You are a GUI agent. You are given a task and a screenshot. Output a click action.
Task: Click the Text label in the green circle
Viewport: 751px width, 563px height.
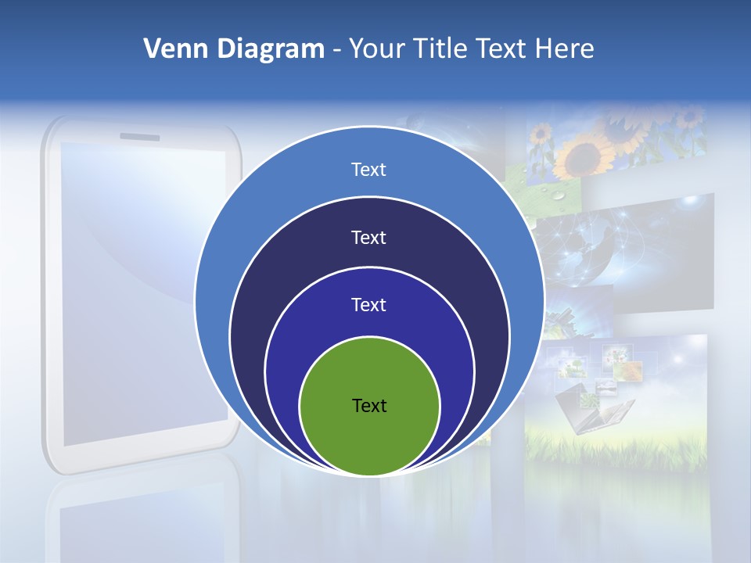369,406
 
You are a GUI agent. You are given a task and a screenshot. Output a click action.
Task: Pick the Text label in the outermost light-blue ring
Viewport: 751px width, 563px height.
369,170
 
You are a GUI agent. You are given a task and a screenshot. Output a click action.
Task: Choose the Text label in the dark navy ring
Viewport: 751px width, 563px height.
369,238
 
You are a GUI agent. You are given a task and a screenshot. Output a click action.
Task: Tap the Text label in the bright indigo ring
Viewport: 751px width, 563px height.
369,305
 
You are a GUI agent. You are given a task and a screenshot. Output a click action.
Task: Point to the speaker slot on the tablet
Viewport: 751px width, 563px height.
139,138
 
